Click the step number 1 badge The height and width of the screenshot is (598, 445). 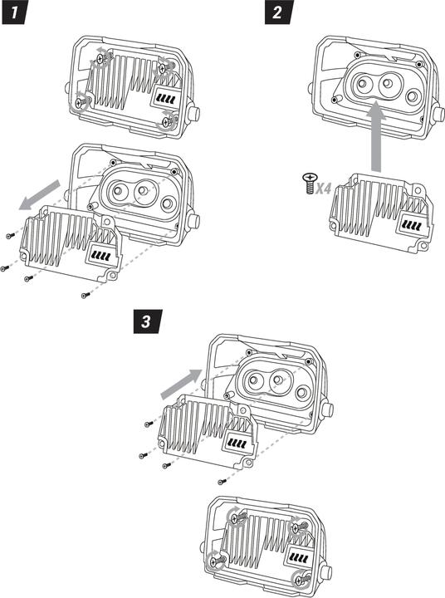15,12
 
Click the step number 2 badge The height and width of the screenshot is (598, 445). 279,12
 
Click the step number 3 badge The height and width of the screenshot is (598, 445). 147,322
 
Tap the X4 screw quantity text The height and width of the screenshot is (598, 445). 323,188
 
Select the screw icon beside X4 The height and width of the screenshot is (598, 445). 310,183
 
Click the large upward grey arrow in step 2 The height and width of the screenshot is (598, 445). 376,136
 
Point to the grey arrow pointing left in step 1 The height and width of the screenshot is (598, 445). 39,195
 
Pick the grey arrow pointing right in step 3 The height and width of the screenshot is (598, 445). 182,384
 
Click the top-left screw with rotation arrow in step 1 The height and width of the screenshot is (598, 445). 101,58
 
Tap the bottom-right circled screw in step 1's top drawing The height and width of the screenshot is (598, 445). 168,121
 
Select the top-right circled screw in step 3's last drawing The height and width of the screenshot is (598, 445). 298,528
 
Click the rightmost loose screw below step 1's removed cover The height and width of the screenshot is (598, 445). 86,295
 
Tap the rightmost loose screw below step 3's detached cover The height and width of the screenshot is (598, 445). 222,482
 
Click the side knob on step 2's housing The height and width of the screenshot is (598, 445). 439,113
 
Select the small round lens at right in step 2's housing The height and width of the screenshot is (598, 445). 413,96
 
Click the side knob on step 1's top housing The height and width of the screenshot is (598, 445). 194,113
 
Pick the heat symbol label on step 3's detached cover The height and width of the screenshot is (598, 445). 237,442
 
